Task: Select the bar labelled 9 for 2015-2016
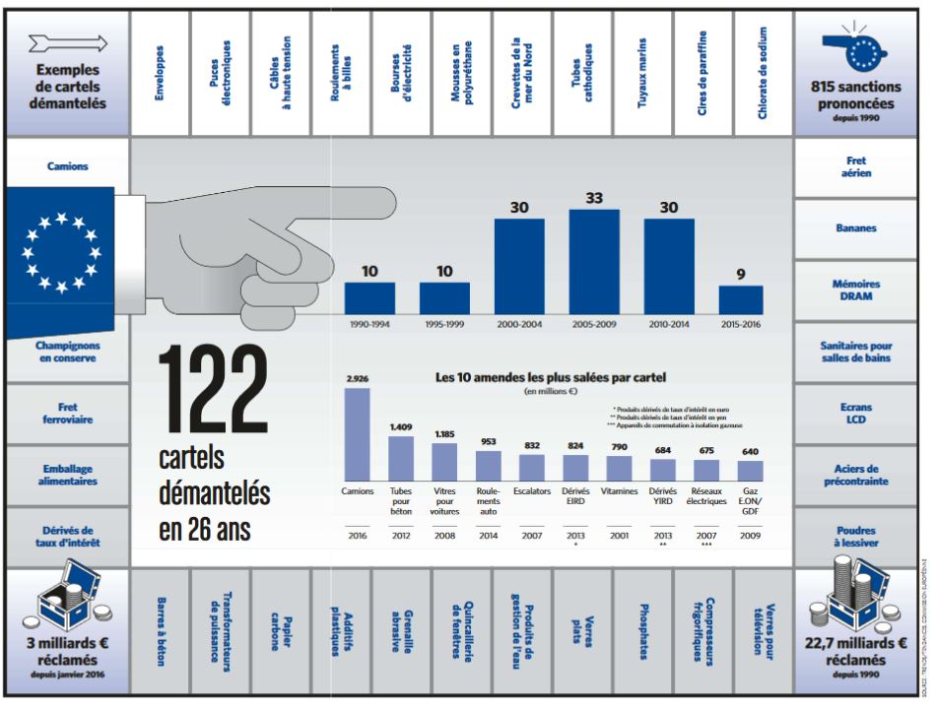[741, 299]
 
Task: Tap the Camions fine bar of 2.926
[357, 433]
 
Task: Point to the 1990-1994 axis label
[369, 322]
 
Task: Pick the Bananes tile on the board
[854, 228]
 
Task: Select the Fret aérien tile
[854, 168]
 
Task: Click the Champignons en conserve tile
[67, 353]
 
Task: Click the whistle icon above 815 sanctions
[855, 50]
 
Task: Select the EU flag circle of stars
[61, 252]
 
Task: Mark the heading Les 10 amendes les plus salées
[551, 377]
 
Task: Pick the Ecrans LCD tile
[854, 413]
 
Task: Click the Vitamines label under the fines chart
[619, 489]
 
